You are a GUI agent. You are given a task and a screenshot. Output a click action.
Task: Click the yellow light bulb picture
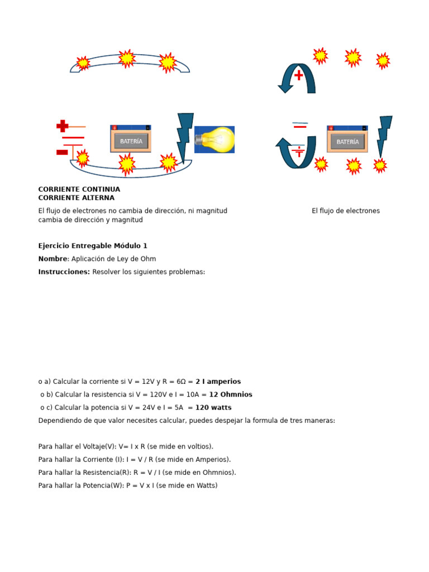point(214,139)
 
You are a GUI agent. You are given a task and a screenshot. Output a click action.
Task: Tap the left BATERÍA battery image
point(131,139)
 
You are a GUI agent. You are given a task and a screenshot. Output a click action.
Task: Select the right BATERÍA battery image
point(347,139)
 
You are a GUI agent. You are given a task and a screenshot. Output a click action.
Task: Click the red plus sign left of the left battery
point(63,126)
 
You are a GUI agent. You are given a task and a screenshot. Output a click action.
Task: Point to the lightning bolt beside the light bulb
point(184,137)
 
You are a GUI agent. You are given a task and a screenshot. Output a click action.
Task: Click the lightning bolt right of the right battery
point(384,136)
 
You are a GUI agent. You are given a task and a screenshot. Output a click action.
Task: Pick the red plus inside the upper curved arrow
point(299,75)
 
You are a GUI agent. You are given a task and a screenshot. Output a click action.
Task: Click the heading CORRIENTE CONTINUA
point(79,189)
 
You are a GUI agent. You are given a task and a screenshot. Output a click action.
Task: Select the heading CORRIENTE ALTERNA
point(76,198)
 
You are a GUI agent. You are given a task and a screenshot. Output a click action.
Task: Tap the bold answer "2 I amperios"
point(218,382)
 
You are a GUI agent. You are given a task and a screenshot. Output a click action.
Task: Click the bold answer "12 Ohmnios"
point(231,394)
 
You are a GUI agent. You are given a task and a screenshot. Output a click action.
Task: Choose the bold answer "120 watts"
point(213,407)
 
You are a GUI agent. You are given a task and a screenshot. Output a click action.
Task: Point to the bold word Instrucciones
point(64,272)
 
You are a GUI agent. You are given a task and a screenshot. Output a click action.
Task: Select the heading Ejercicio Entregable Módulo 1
point(93,246)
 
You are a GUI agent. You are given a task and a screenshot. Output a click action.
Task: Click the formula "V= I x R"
point(132,446)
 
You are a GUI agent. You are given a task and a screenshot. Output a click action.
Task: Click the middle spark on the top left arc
point(127,58)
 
